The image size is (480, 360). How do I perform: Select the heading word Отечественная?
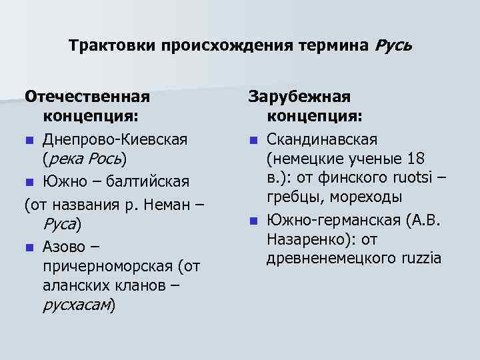click(x=87, y=97)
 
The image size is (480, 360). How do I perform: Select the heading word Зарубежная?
click(x=299, y=97)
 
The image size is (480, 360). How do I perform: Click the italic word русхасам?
click(x=76, y=306)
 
